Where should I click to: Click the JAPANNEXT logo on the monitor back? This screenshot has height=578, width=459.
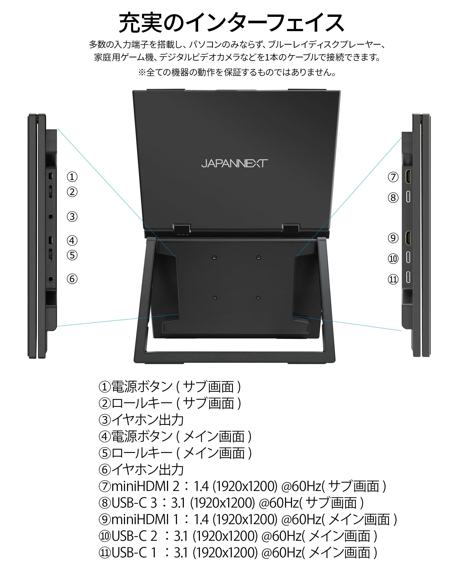(234, 163)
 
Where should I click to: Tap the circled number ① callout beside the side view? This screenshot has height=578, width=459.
(72, 177)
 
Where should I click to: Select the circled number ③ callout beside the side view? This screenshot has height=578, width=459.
(72, 216)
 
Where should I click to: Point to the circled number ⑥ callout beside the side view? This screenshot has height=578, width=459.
(72, 279)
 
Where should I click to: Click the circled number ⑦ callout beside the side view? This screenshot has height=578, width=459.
(393, 177)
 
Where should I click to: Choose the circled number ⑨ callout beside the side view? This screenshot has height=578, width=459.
(393, 238)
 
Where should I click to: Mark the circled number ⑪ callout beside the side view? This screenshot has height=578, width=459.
(393, 279)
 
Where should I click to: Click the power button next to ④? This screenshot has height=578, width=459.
(50, 240)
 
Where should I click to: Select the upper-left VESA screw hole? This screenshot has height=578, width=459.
(214, 257)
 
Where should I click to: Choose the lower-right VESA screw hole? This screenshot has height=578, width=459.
(258, 298)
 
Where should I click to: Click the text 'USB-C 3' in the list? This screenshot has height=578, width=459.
(134, 503)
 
